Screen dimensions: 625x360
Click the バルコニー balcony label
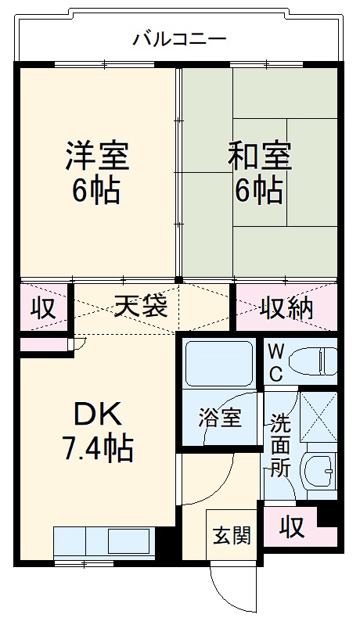(179, 38)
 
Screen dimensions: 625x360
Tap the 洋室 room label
(96, 156)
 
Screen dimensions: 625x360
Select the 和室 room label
(260, 156)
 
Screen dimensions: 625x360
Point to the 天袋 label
(140, 307)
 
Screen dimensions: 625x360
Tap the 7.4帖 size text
(97, 447)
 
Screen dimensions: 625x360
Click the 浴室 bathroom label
(221, 418)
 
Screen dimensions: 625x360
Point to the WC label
(276, 361)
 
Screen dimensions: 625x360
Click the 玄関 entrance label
(232, 536)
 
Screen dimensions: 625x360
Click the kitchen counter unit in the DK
(103, 541)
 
